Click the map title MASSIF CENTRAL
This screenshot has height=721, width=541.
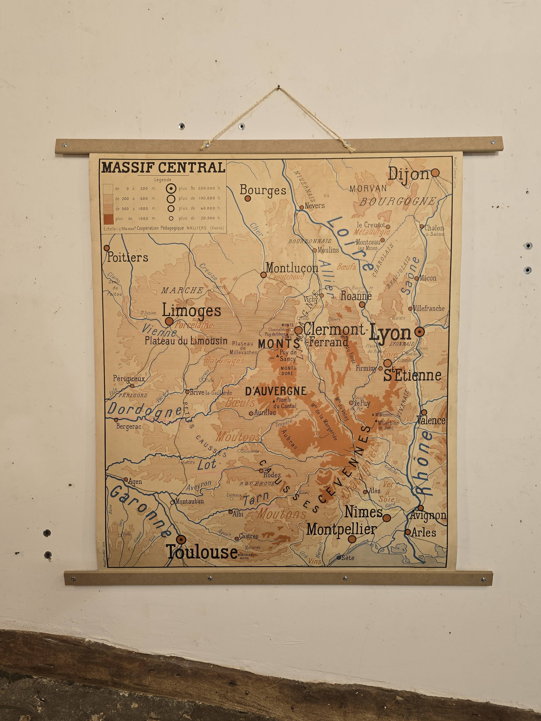point(163,167)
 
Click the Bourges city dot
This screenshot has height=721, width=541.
point(248,198)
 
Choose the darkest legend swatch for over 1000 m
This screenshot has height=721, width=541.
point(108,218)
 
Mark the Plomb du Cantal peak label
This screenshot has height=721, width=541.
point(285,403)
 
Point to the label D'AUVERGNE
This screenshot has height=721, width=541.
point(276,391)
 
